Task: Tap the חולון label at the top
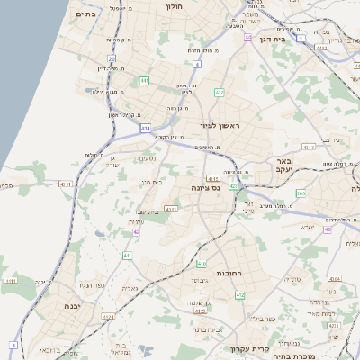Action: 174,5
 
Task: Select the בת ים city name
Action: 85,13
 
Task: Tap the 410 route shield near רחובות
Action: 202,263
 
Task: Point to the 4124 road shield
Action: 334,279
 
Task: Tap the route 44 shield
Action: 247,38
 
